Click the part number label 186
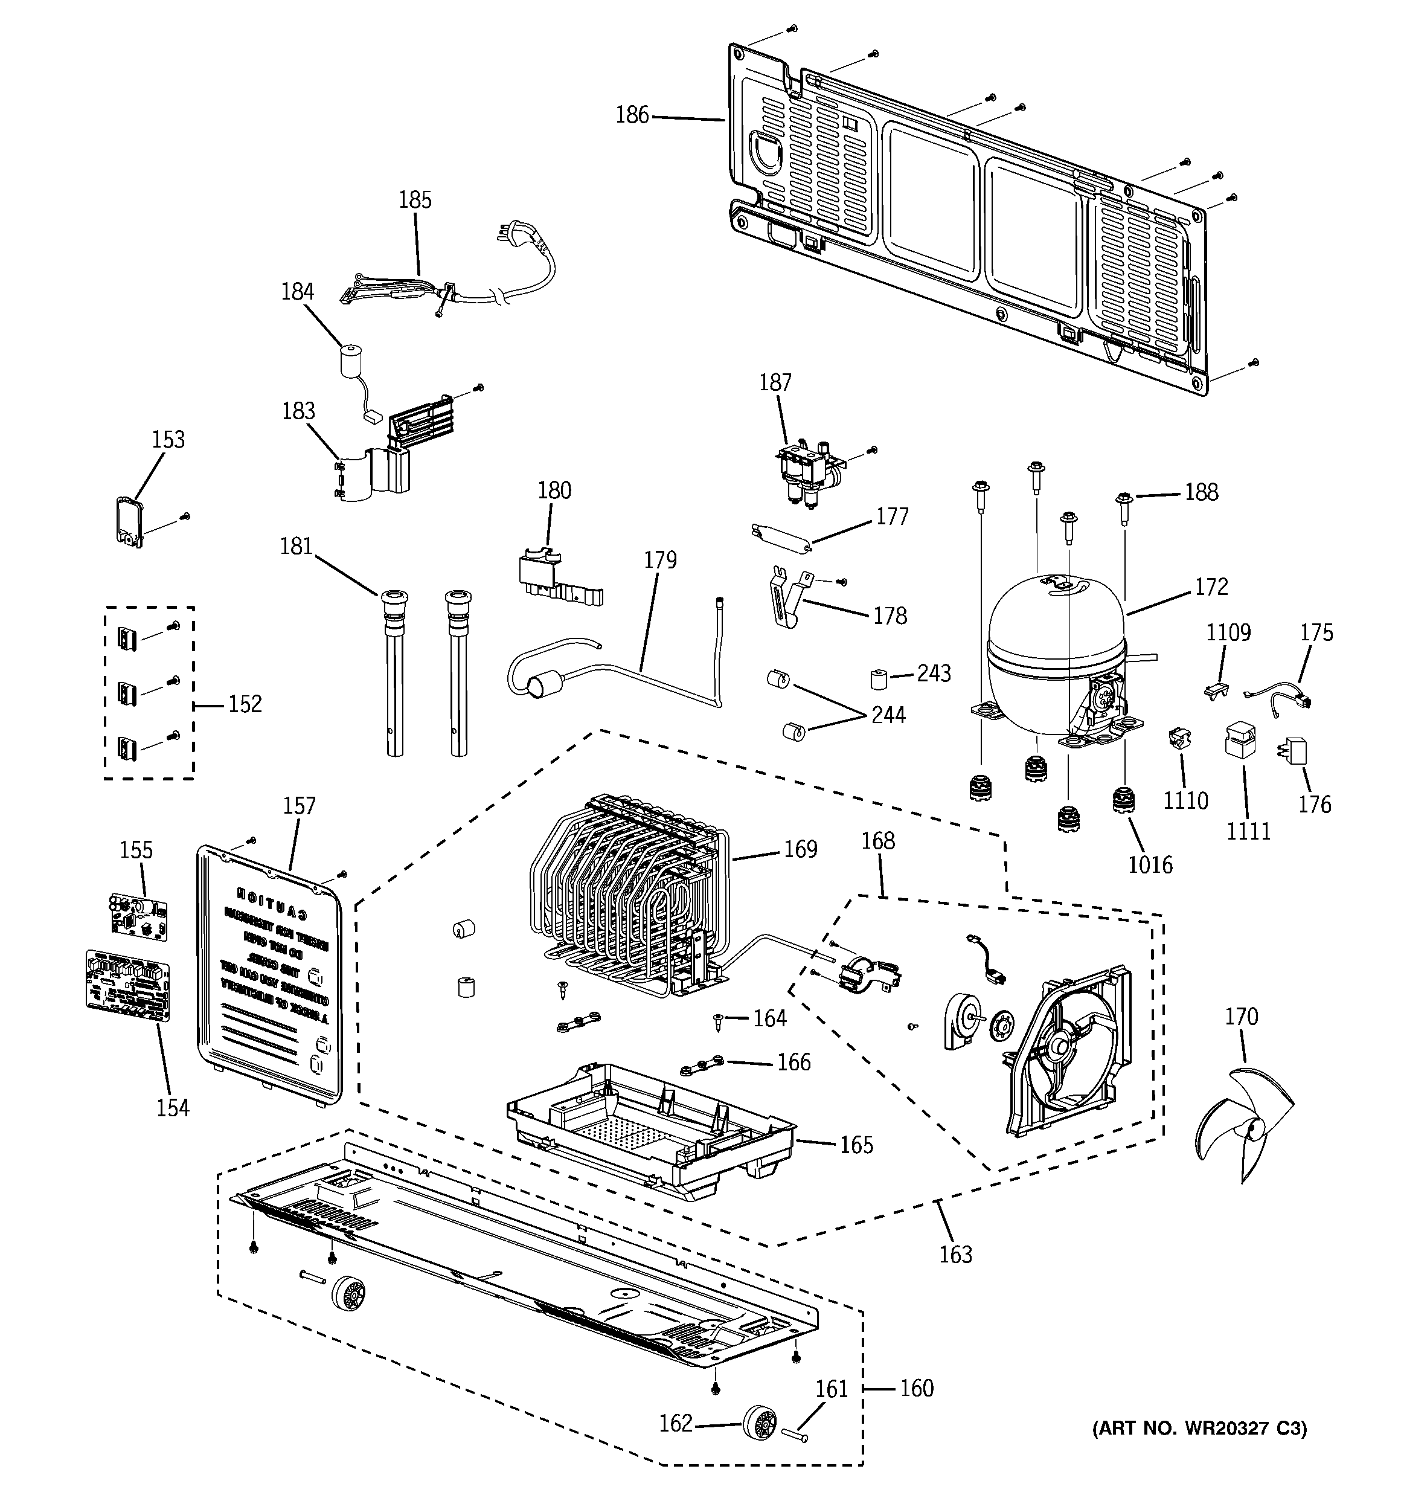(x=632, y=115)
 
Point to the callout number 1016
(x=1150, y=865)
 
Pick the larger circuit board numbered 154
(x=128, y=985)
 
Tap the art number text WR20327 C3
(x=1199, y=1428)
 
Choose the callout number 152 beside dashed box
(x=245, y=704)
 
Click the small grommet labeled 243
(x=877, y=678)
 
